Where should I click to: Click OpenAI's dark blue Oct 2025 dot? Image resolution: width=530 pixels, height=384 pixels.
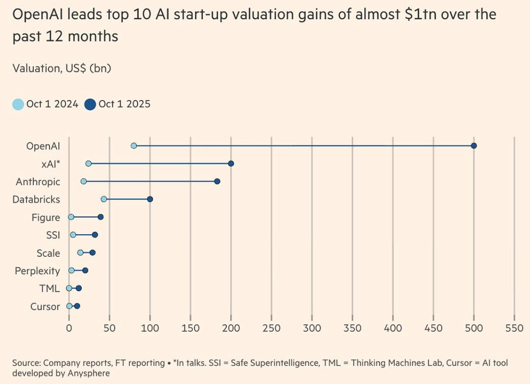point(474,146)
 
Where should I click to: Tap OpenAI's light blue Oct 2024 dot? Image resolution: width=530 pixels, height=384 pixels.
point(134,146)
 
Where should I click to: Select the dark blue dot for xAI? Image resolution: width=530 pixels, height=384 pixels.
point(231,164)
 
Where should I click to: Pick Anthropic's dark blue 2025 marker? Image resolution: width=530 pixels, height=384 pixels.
point(217,182)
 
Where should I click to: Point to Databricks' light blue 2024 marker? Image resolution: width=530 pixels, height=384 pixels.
point(103,199)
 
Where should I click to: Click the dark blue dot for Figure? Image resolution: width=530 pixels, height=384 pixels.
point(101,217)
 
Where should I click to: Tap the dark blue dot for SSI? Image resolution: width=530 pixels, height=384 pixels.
point(95,235)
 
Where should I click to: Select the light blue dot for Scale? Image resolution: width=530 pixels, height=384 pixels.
point(80,253)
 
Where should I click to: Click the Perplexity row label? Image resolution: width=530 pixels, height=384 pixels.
point(38,271)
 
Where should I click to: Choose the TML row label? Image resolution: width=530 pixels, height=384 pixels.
point(50,289)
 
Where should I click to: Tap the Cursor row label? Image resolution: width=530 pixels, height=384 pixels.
point(45,306)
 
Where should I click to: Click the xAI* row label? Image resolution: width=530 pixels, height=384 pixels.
point(51,164)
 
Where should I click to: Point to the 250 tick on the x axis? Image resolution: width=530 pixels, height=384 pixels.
point(271,329)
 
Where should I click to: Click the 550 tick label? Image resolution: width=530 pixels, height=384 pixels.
point(514,329)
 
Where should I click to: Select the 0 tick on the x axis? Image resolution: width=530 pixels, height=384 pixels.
point(69,329)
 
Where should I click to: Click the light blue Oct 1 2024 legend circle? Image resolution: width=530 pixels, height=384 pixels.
point(18,104)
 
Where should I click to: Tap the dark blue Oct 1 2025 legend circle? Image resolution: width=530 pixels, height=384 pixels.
point(90,104)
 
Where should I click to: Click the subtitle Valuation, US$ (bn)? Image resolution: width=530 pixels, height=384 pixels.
point(62,68)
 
